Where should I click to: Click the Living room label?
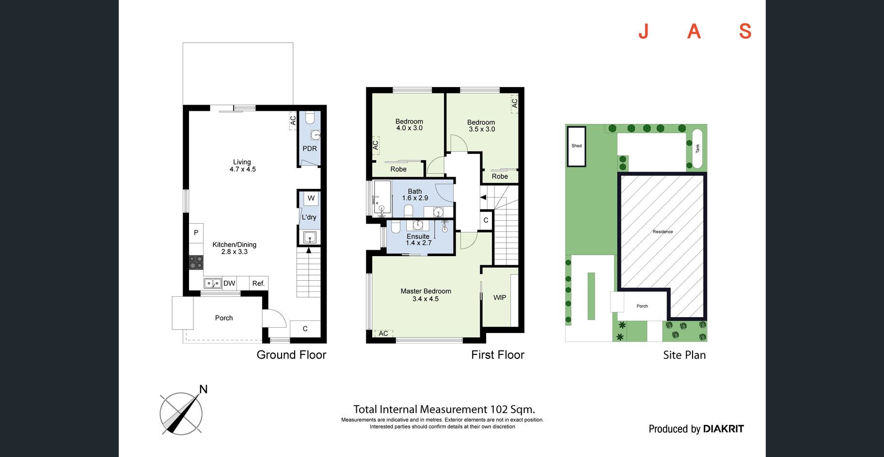point(242,162)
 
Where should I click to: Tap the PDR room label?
point(310,149)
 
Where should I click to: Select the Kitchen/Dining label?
point(235,244)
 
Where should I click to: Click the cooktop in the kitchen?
point(196,263)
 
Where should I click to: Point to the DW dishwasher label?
point(229,283)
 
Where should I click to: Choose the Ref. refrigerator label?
point(258,283)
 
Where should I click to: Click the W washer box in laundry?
point(311,198)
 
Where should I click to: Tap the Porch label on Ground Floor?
point(224,318)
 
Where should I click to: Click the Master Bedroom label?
point(426,291)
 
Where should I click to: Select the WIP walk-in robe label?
point(500,297)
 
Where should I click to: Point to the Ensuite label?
point(418,236)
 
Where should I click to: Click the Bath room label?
point(415,191)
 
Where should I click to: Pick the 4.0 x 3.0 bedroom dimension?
point(410,128)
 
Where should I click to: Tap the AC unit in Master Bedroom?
point(383,334)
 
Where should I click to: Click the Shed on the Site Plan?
point(577,146)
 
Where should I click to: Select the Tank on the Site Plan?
point(698,149)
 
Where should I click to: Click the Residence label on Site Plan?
point(663,232)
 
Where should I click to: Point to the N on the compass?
point(204,389)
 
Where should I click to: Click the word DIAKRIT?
point(723,428)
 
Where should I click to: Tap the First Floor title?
point(498,355)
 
